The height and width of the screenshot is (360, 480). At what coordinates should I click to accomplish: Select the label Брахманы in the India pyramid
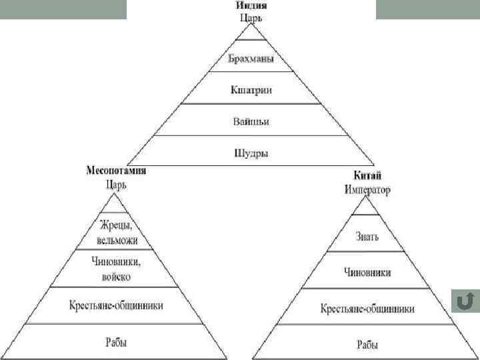click(x=251, y=59)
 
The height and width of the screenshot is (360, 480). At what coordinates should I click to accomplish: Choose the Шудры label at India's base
click(x=251, y=153)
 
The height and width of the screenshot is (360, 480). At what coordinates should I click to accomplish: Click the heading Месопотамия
click(x=116, y=171)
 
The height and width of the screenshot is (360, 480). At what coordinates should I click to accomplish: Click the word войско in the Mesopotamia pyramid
click(x=116, y=276)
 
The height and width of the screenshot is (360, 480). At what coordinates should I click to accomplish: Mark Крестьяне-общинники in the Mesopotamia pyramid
click(x=116, y=305)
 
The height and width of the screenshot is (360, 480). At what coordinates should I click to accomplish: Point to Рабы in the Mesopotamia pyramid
click(x=116, y=343)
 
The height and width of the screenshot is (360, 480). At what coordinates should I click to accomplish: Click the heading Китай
click(x=367, y=176)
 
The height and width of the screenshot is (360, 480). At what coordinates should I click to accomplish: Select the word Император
click(x=367, y=189)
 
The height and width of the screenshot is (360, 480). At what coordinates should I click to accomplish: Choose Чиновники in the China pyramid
click(x=367, y=273)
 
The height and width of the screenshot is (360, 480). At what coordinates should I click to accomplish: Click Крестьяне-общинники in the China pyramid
click(x=367, y=309)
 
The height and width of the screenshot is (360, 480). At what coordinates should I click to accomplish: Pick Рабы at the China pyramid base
click(x=367, y=345)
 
